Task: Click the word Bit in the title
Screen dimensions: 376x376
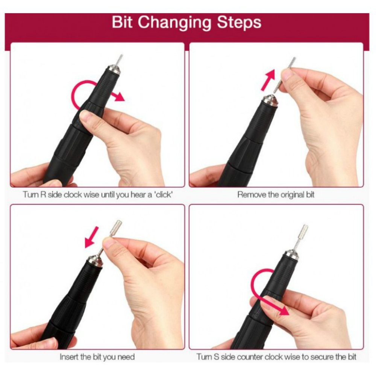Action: click(x=122, y=22)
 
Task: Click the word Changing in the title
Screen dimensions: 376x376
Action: click(x=174, y=23)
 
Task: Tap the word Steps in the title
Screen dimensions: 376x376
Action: click(x=239, y=23)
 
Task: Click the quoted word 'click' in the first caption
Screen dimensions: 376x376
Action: click(x=163, y=194)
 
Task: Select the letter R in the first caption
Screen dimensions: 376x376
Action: click(x=43, y=194)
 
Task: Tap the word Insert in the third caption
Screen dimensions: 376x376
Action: click(x=69, y=357)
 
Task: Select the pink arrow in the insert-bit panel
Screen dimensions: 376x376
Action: click(x=92, y=237)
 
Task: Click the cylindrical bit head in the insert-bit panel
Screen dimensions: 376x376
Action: click(x=116, y=227)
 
